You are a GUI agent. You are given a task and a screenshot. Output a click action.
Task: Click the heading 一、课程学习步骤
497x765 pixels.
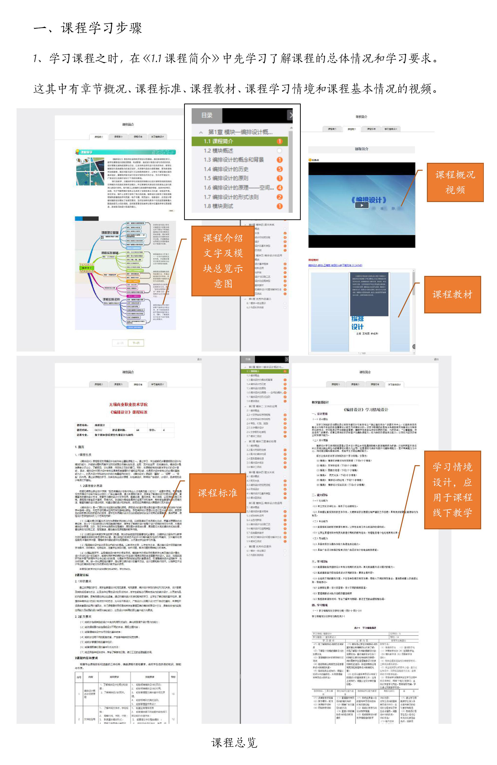[x=87, y=28]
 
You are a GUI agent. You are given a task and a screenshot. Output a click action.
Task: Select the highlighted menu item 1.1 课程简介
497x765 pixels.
[x=218, y=141]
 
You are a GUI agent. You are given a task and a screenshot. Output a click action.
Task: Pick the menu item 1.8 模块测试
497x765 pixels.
[x=218, y=206]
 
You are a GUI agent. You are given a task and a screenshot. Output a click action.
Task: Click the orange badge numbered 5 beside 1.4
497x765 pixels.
[x=280, y=169]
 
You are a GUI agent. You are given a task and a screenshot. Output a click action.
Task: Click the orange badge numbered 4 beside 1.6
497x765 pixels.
[x=280, y=188]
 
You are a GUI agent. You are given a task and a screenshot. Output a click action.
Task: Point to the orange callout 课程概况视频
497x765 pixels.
[x=455, y=182]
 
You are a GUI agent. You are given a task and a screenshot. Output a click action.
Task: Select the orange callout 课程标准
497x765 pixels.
[x=217, y=493]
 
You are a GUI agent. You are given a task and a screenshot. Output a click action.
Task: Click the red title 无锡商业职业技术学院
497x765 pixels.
[x=128, y=404]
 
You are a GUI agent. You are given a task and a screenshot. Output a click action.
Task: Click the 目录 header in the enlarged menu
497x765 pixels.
[x=207, y=115]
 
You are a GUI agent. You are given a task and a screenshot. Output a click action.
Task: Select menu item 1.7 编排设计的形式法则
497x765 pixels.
[x=231, y=197]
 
